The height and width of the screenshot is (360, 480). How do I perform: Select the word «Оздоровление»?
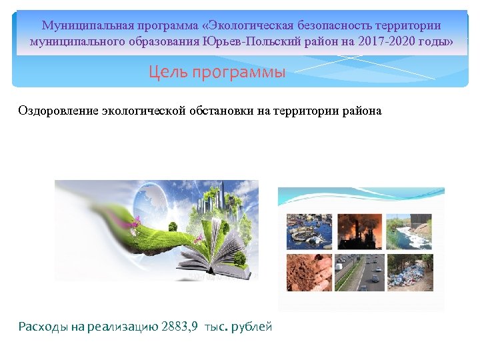pyautogui.click(x=59, y=111)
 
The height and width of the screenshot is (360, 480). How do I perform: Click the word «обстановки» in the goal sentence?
pyautogui.click(x=220, y=111)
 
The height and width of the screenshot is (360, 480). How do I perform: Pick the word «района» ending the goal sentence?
pyautogui.click(x=364, y=111)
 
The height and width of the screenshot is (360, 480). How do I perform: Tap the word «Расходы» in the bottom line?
pyautogui.click(x=43, y=327)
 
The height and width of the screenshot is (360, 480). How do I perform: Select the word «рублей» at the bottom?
pyautogui.click(x=253, y=327)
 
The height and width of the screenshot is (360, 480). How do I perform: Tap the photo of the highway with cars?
pyautogui.click(x=359, y=272)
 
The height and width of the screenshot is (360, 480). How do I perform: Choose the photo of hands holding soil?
pyautogui.click(x=309, y=272)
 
